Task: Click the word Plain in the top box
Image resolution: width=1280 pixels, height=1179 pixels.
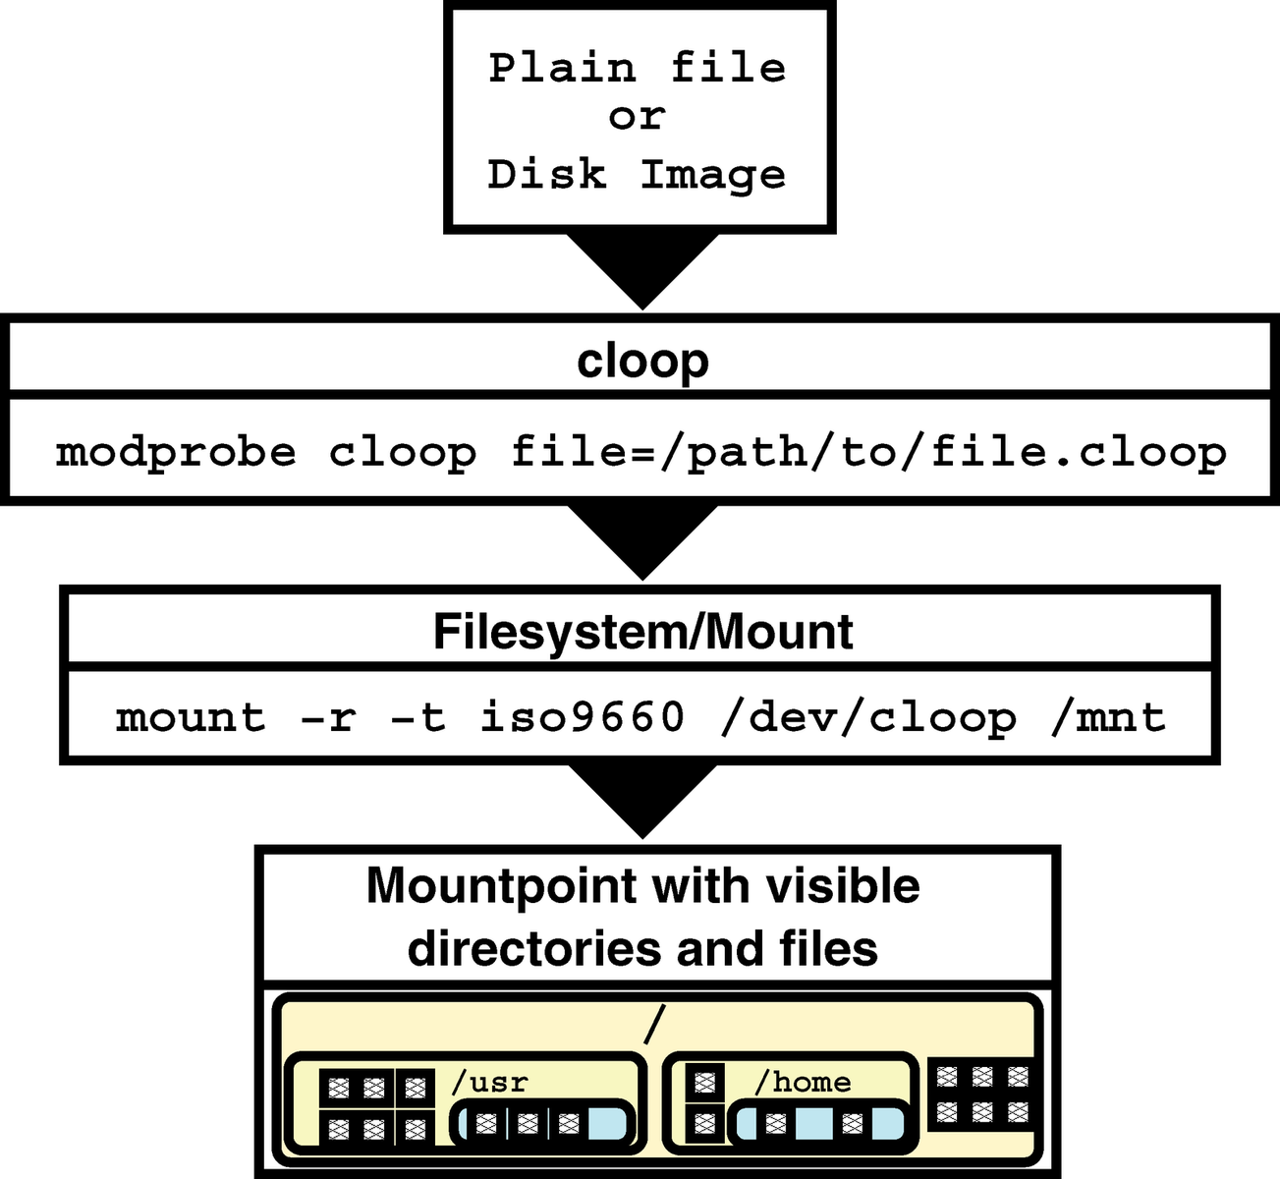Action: coord(562,68)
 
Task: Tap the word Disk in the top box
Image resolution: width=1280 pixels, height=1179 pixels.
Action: coord(547,174)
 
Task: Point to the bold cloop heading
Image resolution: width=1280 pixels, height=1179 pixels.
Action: coord(642,362)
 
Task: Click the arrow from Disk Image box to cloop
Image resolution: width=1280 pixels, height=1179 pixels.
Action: coord(642,272)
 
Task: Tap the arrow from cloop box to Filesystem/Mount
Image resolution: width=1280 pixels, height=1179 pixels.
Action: coord(642,543)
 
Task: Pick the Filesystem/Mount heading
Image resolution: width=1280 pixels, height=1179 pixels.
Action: coord(643,633)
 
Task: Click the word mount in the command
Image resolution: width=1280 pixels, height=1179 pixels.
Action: coord(191,717)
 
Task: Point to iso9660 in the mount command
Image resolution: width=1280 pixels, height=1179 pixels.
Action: coord(583,717)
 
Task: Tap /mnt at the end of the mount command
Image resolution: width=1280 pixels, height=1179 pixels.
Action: coord(1108,718)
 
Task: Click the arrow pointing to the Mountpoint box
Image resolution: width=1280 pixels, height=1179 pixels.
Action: coord(642,802)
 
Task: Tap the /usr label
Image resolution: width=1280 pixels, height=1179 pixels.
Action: coord(489,1082)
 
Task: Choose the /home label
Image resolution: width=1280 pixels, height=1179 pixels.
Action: coord(803,1082)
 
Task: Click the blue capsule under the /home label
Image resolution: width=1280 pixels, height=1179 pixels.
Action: coord(819,1125)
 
